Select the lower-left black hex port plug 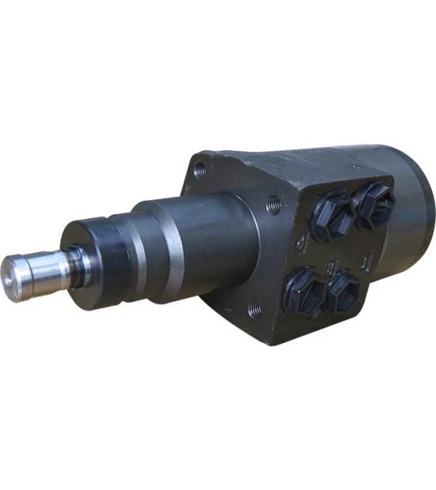pos(304,289)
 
